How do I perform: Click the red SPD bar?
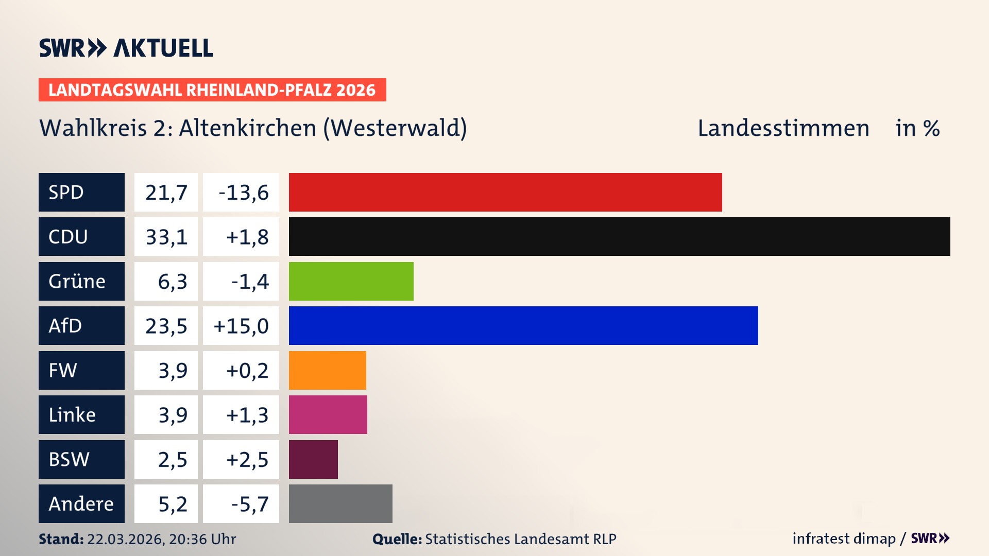pyautogui.click(x=505, y=192)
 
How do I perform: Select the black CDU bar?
pyautogui.click(x=619, y=236)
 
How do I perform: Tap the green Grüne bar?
pyautogui.click(x=351, y=281)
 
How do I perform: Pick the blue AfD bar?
pyautogui.click(x=523, y=325)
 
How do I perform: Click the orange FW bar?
pyautogui.click(x=327, y=370)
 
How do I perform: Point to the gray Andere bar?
pyautogui.click(x=340, y=503)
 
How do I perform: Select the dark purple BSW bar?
pyautogui.click(x=313, y=459)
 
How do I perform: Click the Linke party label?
pyautogui.click(x=72, y=414)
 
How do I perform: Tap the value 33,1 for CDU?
pyautogui.click(x=166, y=237)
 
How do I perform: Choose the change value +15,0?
pyautogui.click(x=241, y=326)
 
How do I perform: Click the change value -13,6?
pyautogui.click(x=243, y=193)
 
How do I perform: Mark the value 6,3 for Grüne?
pyautogui.click(x=172, y=282)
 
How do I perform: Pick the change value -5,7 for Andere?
pyautogui.click(x=250, y=504)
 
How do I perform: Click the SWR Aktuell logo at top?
pyautogui.click(x=126, y=48)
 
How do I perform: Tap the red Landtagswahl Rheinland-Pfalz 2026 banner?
pyautogui.click(x=212, y=90)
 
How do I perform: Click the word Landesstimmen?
pyautogui.click(x=783, y=128)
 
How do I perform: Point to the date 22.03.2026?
pyautogui.click(x=125, y=539)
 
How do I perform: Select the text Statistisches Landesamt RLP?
pyautogui.click(x=520, y=539)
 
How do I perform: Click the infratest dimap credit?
pyautogui.click(x=843, y=538)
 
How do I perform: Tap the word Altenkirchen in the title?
pyautogui.click(x=247, y=128)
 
